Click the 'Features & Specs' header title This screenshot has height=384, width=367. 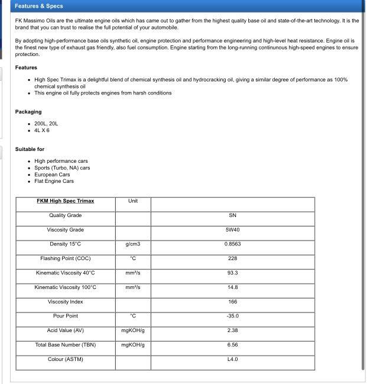click(39, 6)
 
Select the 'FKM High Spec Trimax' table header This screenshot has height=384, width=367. click(65, 201)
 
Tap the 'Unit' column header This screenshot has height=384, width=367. click(133, 201)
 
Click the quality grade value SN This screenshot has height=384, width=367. click(232, 215)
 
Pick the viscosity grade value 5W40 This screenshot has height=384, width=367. click(232, 230)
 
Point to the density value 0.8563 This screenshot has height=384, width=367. click(232, 244)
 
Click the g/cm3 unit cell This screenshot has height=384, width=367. click(133, 244)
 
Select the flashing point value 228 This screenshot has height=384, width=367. click(232, 258)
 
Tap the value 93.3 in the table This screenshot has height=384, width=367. click(232, 273)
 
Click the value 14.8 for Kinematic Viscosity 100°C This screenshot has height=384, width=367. click(232, 287)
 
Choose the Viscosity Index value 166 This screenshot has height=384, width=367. click(232, 302)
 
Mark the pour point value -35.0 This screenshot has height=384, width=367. click(232, 316)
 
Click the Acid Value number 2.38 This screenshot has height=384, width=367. click(232, 330)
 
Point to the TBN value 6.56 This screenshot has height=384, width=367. click(232, 345)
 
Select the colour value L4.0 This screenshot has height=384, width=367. click(232, 359)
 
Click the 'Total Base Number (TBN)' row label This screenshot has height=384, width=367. click(65, 345)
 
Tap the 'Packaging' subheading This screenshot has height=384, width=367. click(28, 111)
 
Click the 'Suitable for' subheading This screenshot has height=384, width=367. click(30, 149)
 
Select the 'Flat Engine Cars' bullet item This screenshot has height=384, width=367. click(54, 181)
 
